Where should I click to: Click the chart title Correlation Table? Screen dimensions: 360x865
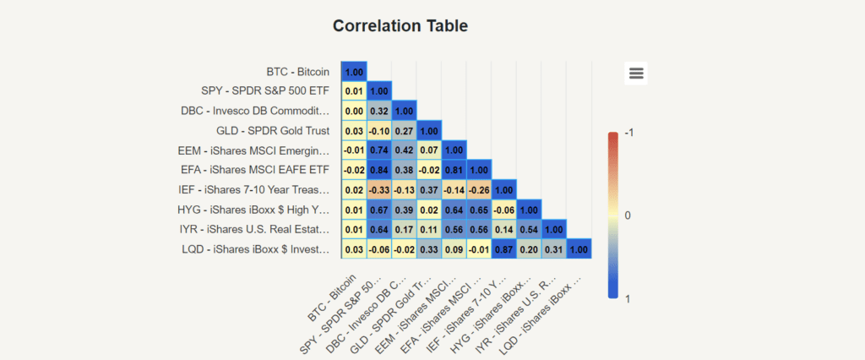(x=400, y=25)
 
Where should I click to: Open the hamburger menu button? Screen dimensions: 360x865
(x=636, y=74)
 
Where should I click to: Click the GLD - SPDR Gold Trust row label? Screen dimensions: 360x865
(x=273, y=131)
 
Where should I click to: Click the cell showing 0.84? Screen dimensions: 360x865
(x=379, y=171)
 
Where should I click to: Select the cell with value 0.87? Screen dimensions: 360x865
(x=504, y=249)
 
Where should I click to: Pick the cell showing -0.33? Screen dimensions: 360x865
(x=379, y=190)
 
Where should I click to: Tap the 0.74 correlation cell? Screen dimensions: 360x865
(x=379, y=150)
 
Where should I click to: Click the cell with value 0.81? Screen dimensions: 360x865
(x=454, y=171)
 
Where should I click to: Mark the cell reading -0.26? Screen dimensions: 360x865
(x=479, y=190)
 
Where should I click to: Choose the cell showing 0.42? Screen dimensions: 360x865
(x=404, y=150)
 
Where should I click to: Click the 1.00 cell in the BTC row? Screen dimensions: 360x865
(x=354, y=73)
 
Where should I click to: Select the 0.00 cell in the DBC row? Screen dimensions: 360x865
(x=354, y=111)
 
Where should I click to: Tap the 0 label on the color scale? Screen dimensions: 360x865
(x=628, y=215)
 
